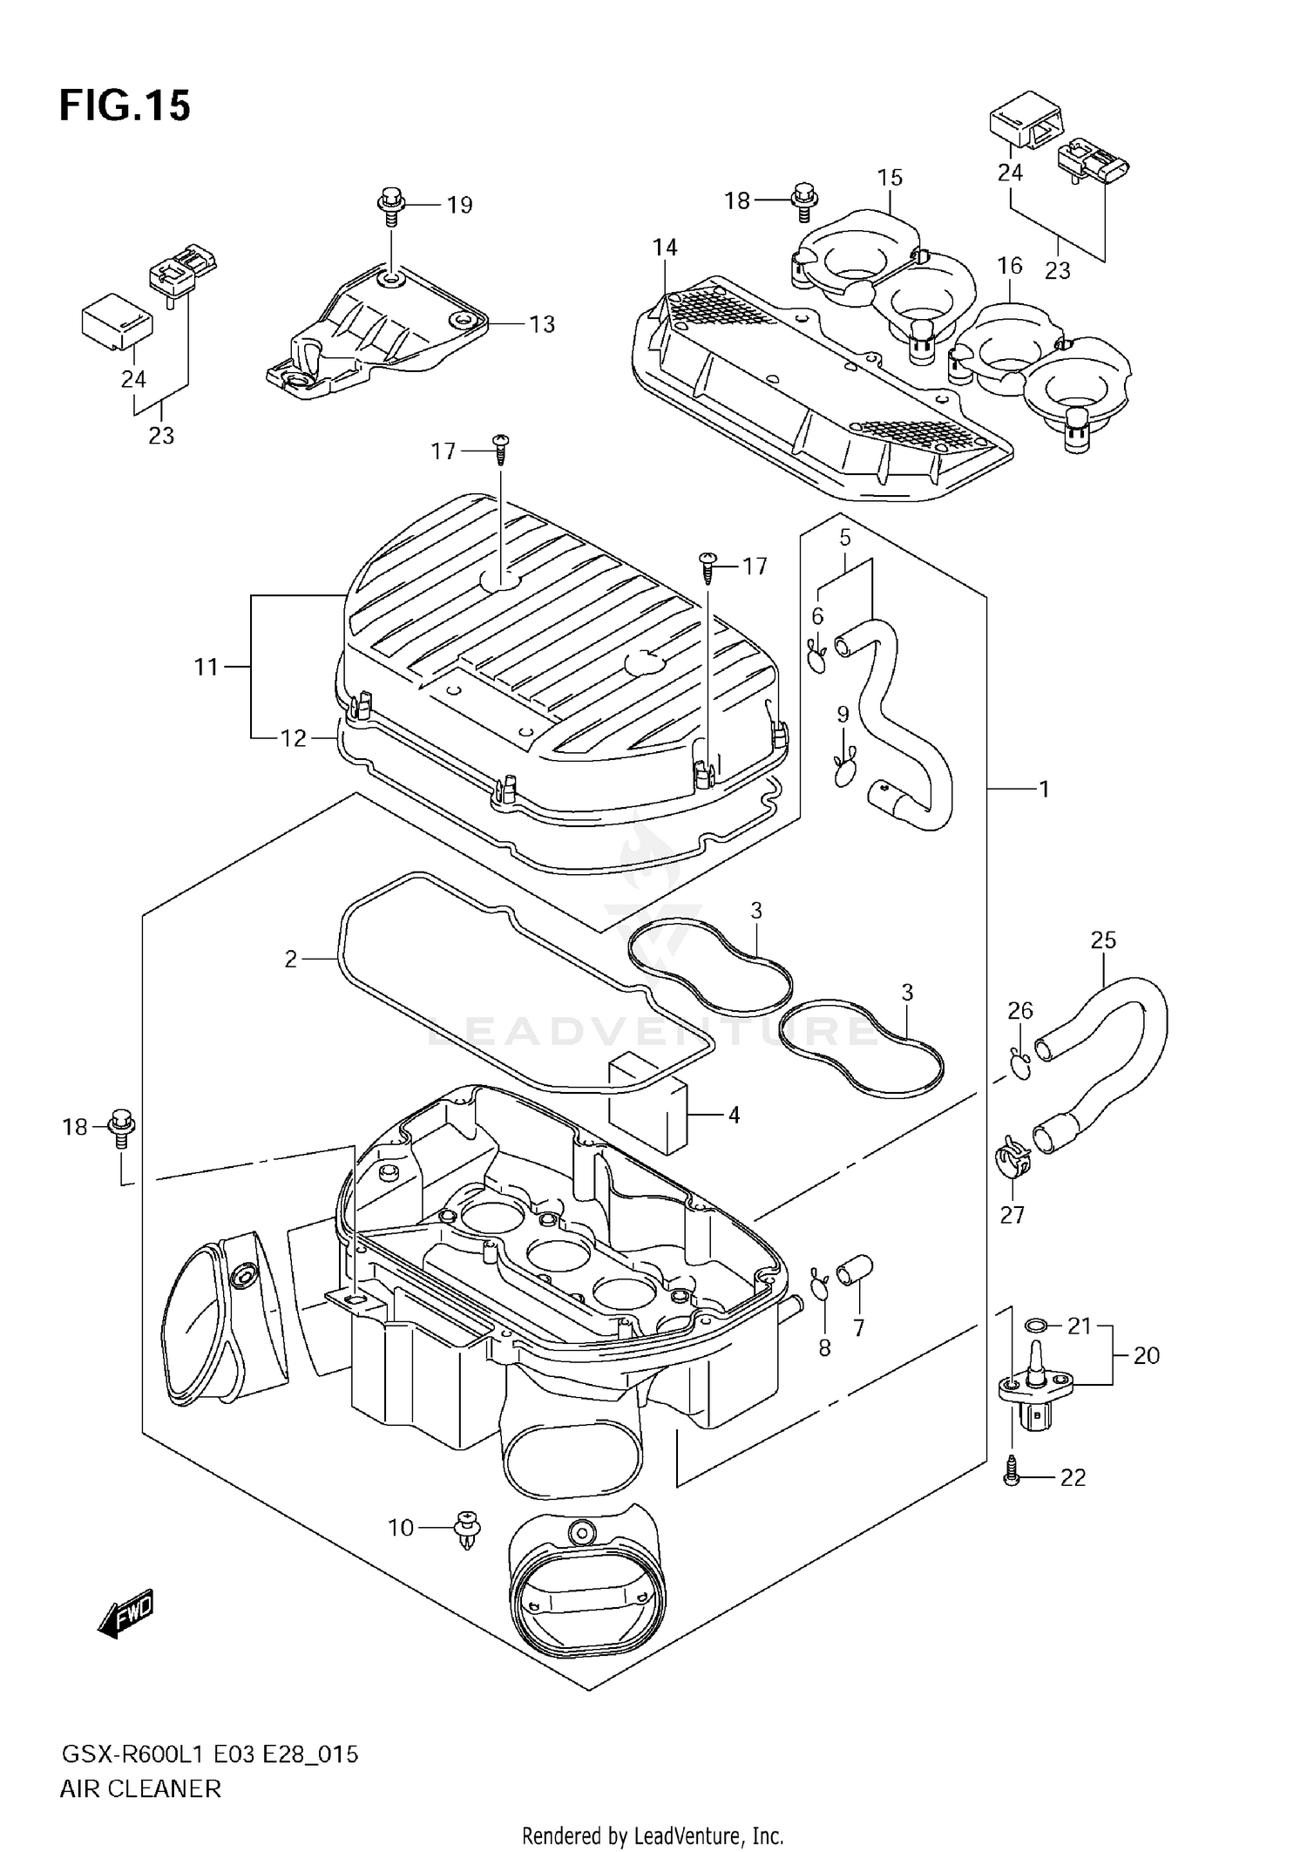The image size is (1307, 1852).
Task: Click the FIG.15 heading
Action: click(125, 106)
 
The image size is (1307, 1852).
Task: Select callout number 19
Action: click(459, 205)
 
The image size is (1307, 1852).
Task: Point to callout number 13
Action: click(541, 324)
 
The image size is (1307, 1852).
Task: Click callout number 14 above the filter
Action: click(665, 248)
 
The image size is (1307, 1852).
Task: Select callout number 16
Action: click(1009, 265)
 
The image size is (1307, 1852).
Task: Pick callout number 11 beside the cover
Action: click(206, 668)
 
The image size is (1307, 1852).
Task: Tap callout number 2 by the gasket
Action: click(291, 959)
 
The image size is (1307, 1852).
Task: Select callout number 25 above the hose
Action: click(1102, 940)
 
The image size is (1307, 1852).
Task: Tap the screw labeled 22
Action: click(1012, 1476)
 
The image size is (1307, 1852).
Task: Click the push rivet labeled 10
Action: click(468, 1526)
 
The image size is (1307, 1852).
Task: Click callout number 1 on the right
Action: click(1044, 789)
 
